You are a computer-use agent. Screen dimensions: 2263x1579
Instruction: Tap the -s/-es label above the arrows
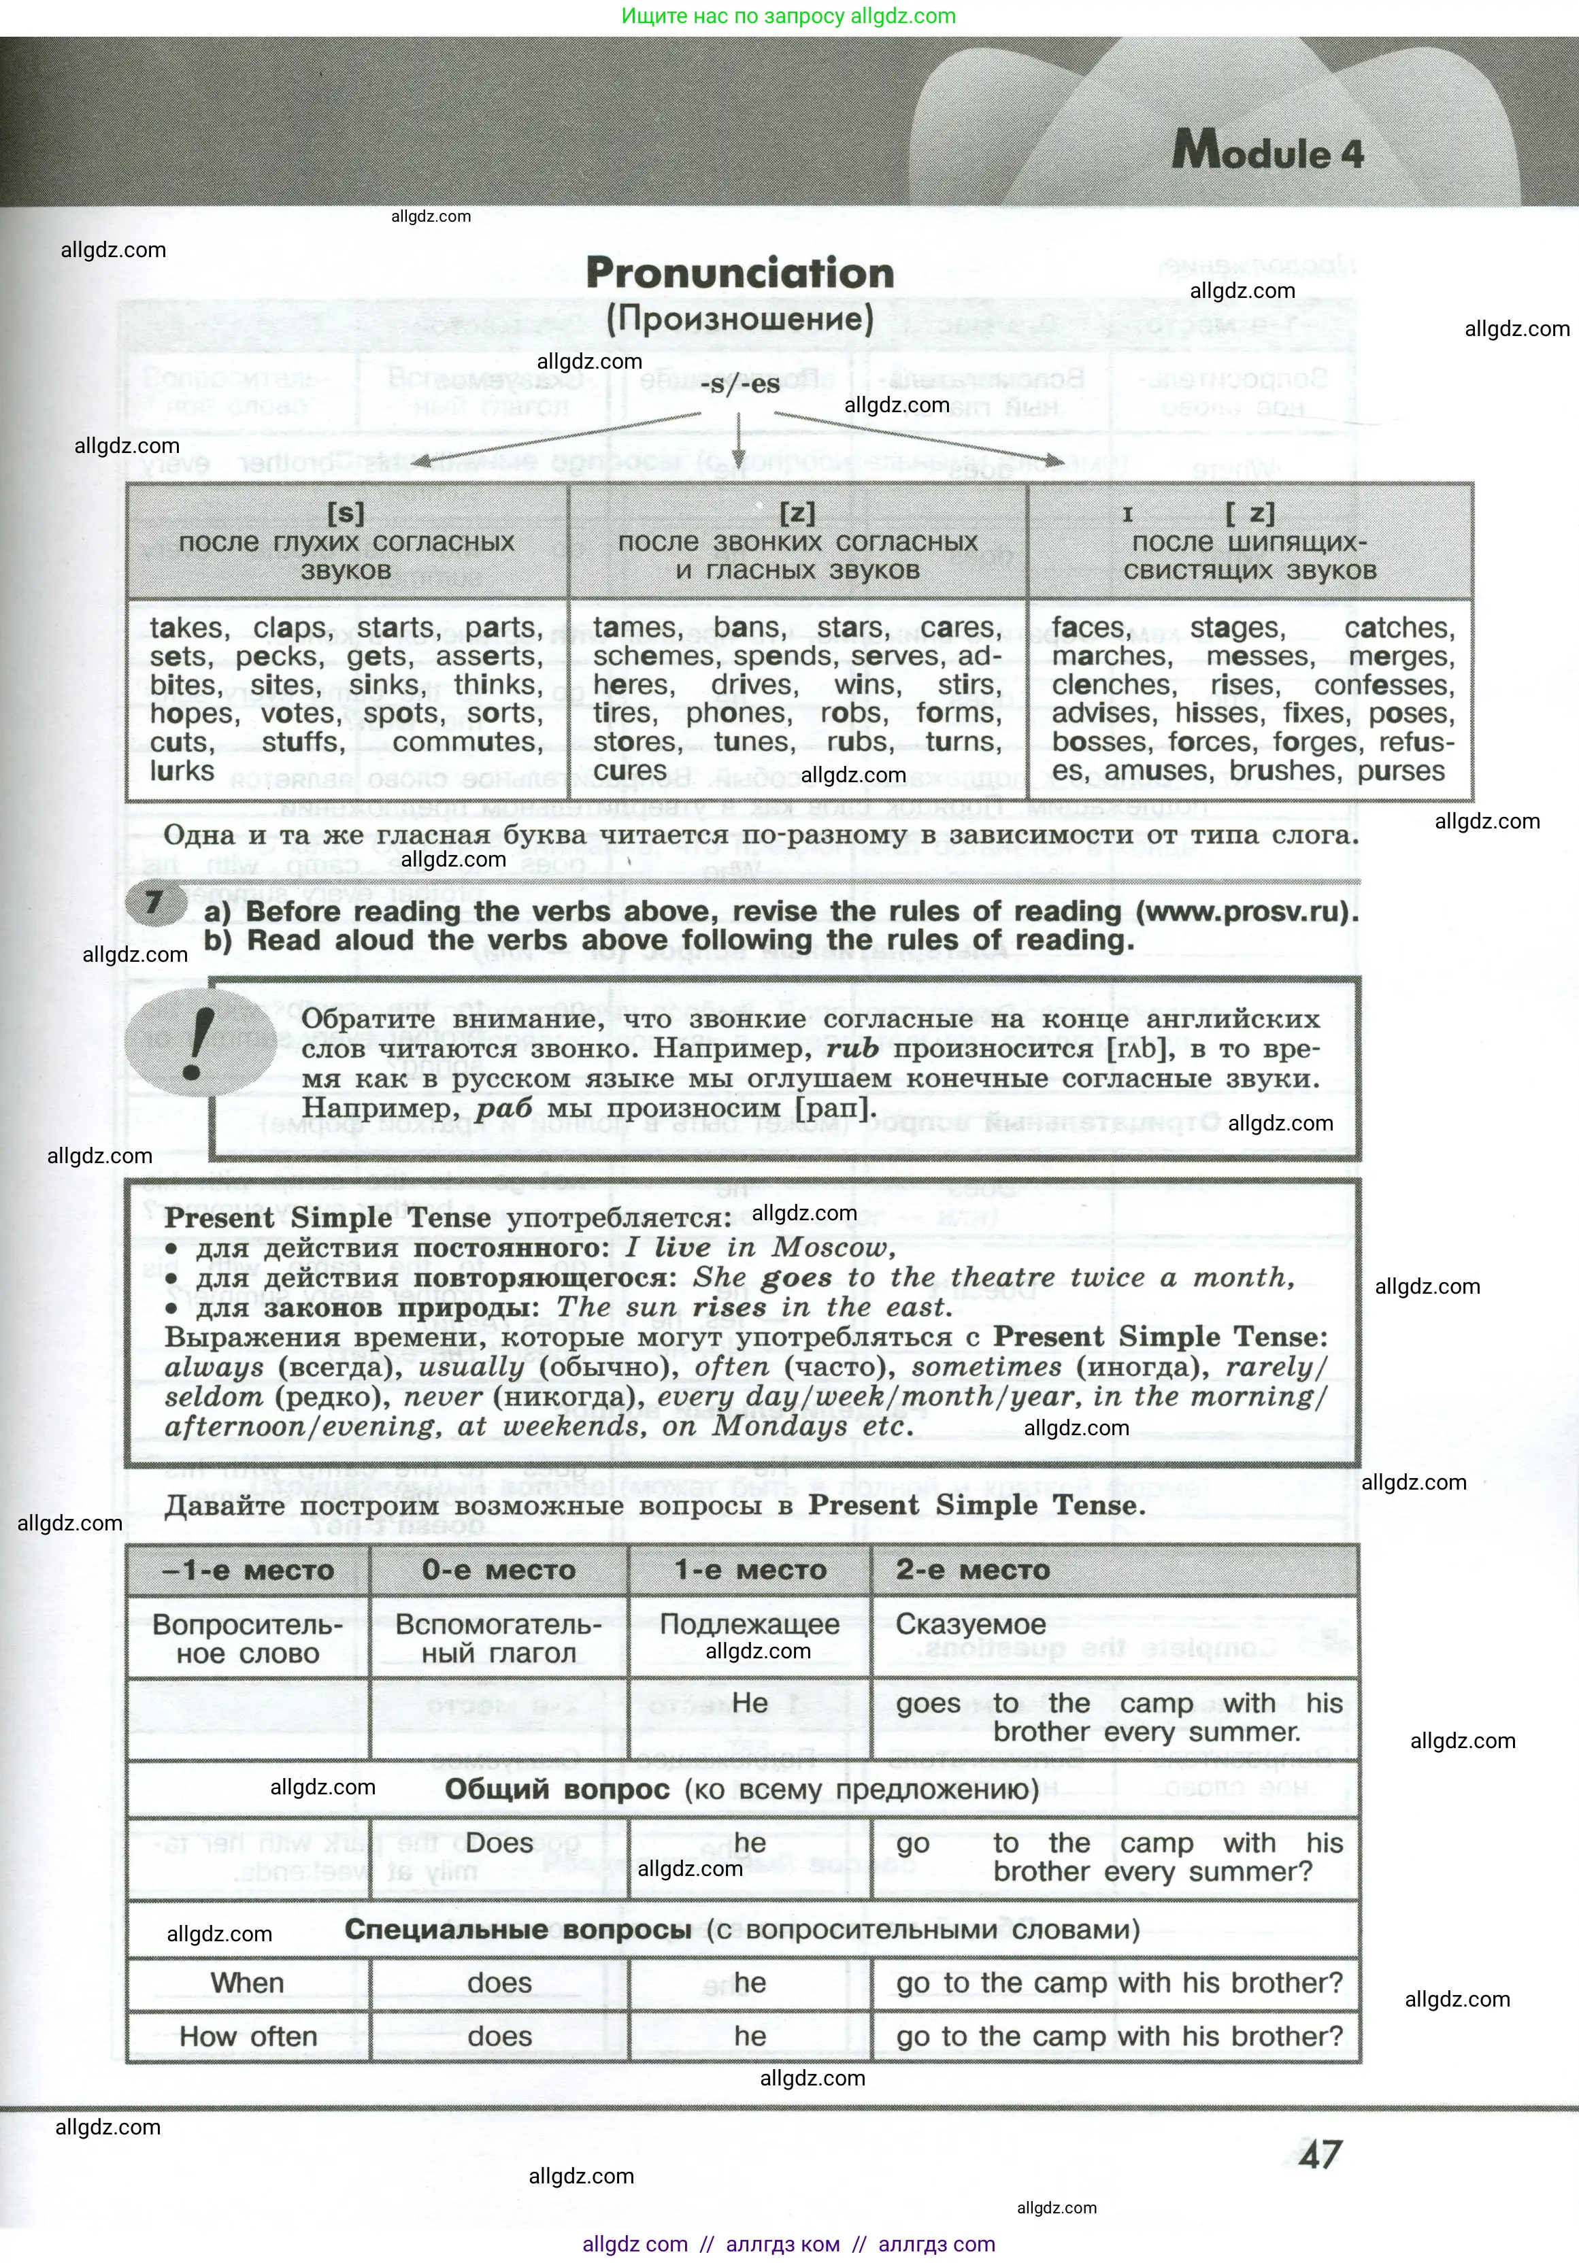(739, 384)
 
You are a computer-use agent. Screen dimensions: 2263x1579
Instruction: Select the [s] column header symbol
(346, 513)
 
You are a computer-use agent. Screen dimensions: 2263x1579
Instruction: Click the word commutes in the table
(467, 742)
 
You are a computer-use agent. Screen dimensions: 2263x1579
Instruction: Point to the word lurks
(182, 771)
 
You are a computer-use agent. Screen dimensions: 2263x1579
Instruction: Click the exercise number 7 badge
(154, 903)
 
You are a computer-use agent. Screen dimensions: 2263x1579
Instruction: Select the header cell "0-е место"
(498, 1569)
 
